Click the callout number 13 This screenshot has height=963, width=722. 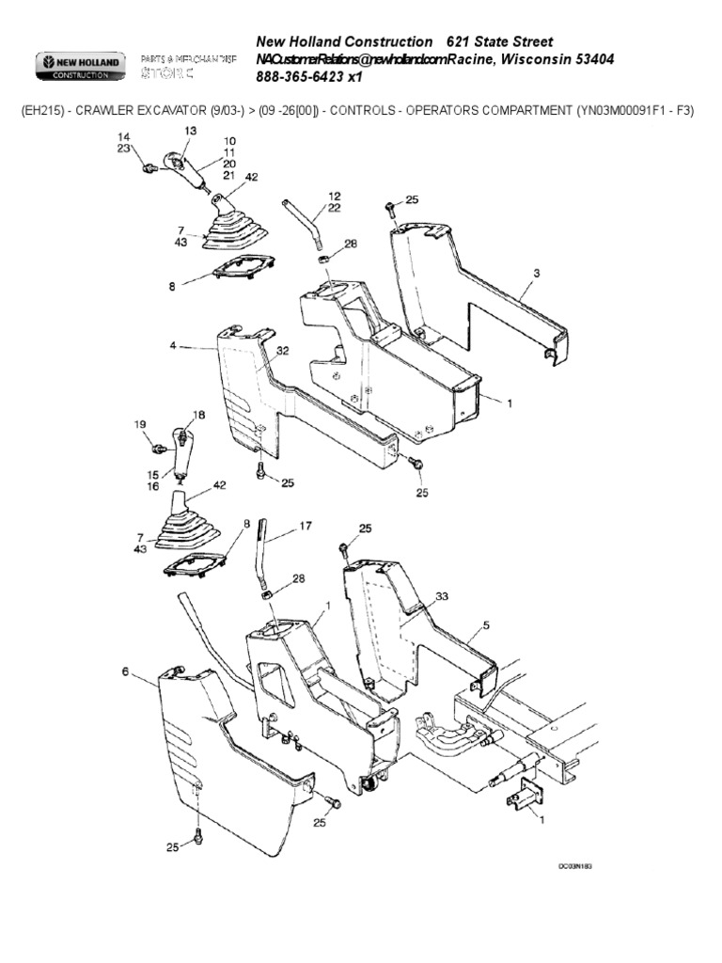(192, 132)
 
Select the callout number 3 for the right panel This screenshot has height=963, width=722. (536, 274)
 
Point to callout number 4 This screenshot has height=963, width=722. (173, 346)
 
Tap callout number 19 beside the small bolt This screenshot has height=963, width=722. (142, 424)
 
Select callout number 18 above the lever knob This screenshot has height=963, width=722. (198, 415)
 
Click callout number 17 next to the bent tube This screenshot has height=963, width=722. (305, 527)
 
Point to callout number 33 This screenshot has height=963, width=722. (442, 597)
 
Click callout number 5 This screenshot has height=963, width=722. (486, 624)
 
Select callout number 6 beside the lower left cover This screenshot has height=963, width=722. (125, 671)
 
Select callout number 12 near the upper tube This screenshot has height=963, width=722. (334, 196)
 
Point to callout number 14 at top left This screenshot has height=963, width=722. (123, 137)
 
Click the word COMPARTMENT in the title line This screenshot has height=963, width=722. (516, 110)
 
